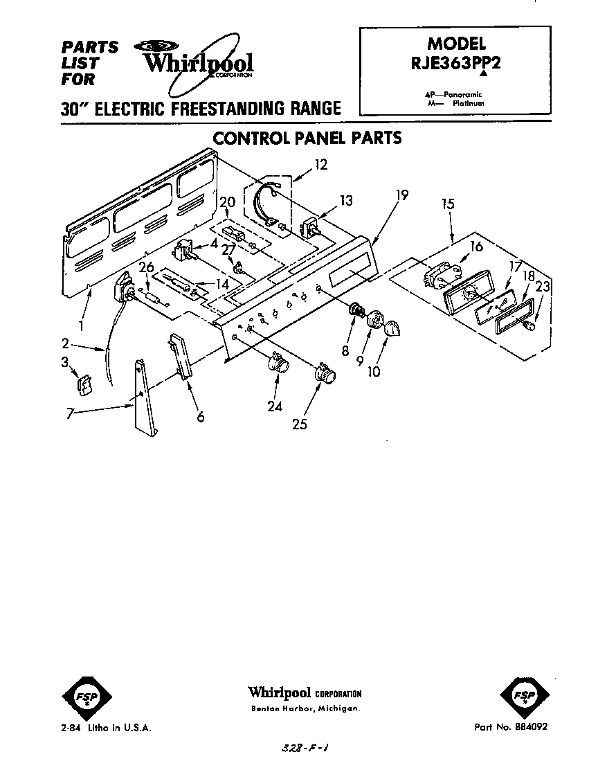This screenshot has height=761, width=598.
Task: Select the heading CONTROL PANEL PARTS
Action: [307, 137]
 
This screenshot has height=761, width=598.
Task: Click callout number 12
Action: [320, 165]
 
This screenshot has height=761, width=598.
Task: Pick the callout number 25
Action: [299, 423]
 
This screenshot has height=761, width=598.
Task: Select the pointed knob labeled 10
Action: [391, 330]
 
